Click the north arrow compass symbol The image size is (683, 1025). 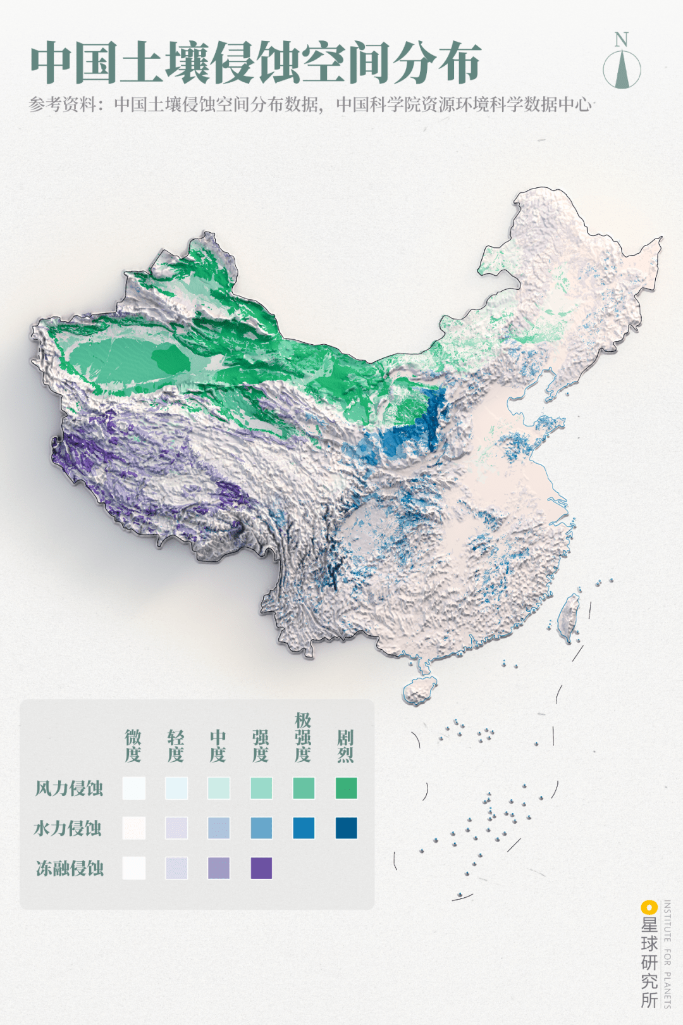(x=622, y=69)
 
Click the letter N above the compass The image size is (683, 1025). (x=622, y=40)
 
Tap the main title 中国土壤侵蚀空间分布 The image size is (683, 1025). (x=255, y=63)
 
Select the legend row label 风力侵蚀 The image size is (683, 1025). (x=69, y=788)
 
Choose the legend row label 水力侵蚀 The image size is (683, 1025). (x=68, y=828)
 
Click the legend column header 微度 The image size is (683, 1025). (x=133, y=746)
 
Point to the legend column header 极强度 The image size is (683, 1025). (x=303, y=737)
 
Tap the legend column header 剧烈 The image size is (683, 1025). (x=345, y=746)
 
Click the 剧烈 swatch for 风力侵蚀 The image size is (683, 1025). (x=346, y=788)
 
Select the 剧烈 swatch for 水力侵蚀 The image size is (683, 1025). (x=346, y=828)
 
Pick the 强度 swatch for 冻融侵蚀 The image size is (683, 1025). (x=261, y=868)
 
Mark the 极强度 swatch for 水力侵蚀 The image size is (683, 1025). (x=304, y=828)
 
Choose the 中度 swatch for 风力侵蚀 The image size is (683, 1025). (x=219, y=788)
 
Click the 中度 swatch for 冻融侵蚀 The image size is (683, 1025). (x=219, y=868)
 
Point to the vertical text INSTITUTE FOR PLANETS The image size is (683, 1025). (x=667, y=954)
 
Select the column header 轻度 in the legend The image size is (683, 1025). (x=176, y=746)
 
